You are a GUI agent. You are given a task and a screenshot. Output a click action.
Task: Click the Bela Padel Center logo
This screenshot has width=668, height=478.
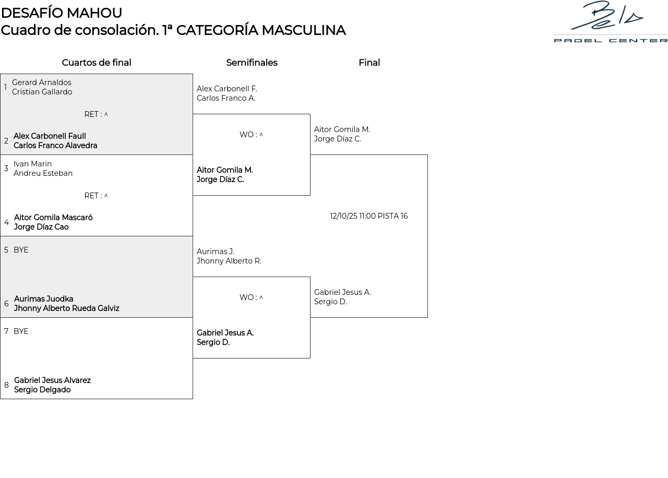[x=611, y=22]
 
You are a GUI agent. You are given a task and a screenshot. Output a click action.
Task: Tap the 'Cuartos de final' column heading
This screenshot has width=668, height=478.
[x=97, y=63]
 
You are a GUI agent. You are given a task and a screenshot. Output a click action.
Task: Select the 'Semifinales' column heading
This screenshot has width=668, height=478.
[x=252, y=63]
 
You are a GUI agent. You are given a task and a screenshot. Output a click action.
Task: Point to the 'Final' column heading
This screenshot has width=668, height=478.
[x=369, y=63]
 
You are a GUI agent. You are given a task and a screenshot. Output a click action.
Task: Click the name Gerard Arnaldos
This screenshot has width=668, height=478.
[x=42, y=82]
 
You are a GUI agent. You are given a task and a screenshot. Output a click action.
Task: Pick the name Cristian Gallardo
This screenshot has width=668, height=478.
[x=42, y=92]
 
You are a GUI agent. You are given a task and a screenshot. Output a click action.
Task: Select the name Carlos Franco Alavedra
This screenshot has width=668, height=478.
[x=55, y=146]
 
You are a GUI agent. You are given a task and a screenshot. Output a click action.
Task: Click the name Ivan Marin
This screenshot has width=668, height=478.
[x=32, y=164]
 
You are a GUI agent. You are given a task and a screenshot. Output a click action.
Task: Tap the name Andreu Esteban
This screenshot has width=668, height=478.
[x=43, y=173]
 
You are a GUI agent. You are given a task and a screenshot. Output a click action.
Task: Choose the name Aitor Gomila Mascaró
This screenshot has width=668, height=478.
[x=53, y=218]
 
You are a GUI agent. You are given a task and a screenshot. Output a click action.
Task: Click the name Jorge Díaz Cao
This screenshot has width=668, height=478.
[x=41, y=227]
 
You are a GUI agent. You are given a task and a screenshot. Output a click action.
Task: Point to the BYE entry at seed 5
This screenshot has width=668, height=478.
[x=21, y=250]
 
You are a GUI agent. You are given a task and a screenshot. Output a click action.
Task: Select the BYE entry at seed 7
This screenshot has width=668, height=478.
[x=21, y=331]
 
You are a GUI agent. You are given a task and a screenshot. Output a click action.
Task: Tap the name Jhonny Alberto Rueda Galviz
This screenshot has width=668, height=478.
[x=66, y=308]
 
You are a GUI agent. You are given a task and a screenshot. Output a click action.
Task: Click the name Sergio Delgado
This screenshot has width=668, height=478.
[x=42, y=390]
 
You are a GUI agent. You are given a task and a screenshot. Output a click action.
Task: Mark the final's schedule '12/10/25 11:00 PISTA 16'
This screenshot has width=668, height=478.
[x=368, y=216]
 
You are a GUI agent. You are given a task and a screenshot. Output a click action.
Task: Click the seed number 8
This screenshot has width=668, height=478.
[x=6, y=385]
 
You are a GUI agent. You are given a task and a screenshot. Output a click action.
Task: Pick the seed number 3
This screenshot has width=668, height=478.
[x=6, y=168]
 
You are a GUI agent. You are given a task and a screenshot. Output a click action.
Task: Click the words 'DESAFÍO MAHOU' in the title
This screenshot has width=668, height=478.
[x=62, y=13]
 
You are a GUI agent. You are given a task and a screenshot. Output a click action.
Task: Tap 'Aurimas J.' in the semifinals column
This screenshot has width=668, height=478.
[x=216, y=252]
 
